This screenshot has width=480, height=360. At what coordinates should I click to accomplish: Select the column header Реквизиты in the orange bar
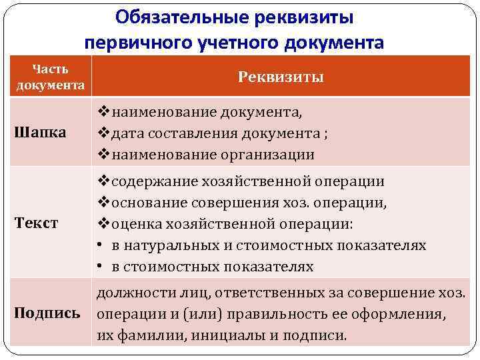(281, 77)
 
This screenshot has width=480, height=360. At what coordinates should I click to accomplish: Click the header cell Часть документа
(51, 77)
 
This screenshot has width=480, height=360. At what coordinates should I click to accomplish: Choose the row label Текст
(37, 223)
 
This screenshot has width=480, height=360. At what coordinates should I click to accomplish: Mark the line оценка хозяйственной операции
(233, 223)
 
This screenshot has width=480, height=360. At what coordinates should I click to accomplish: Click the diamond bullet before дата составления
(103, 133)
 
